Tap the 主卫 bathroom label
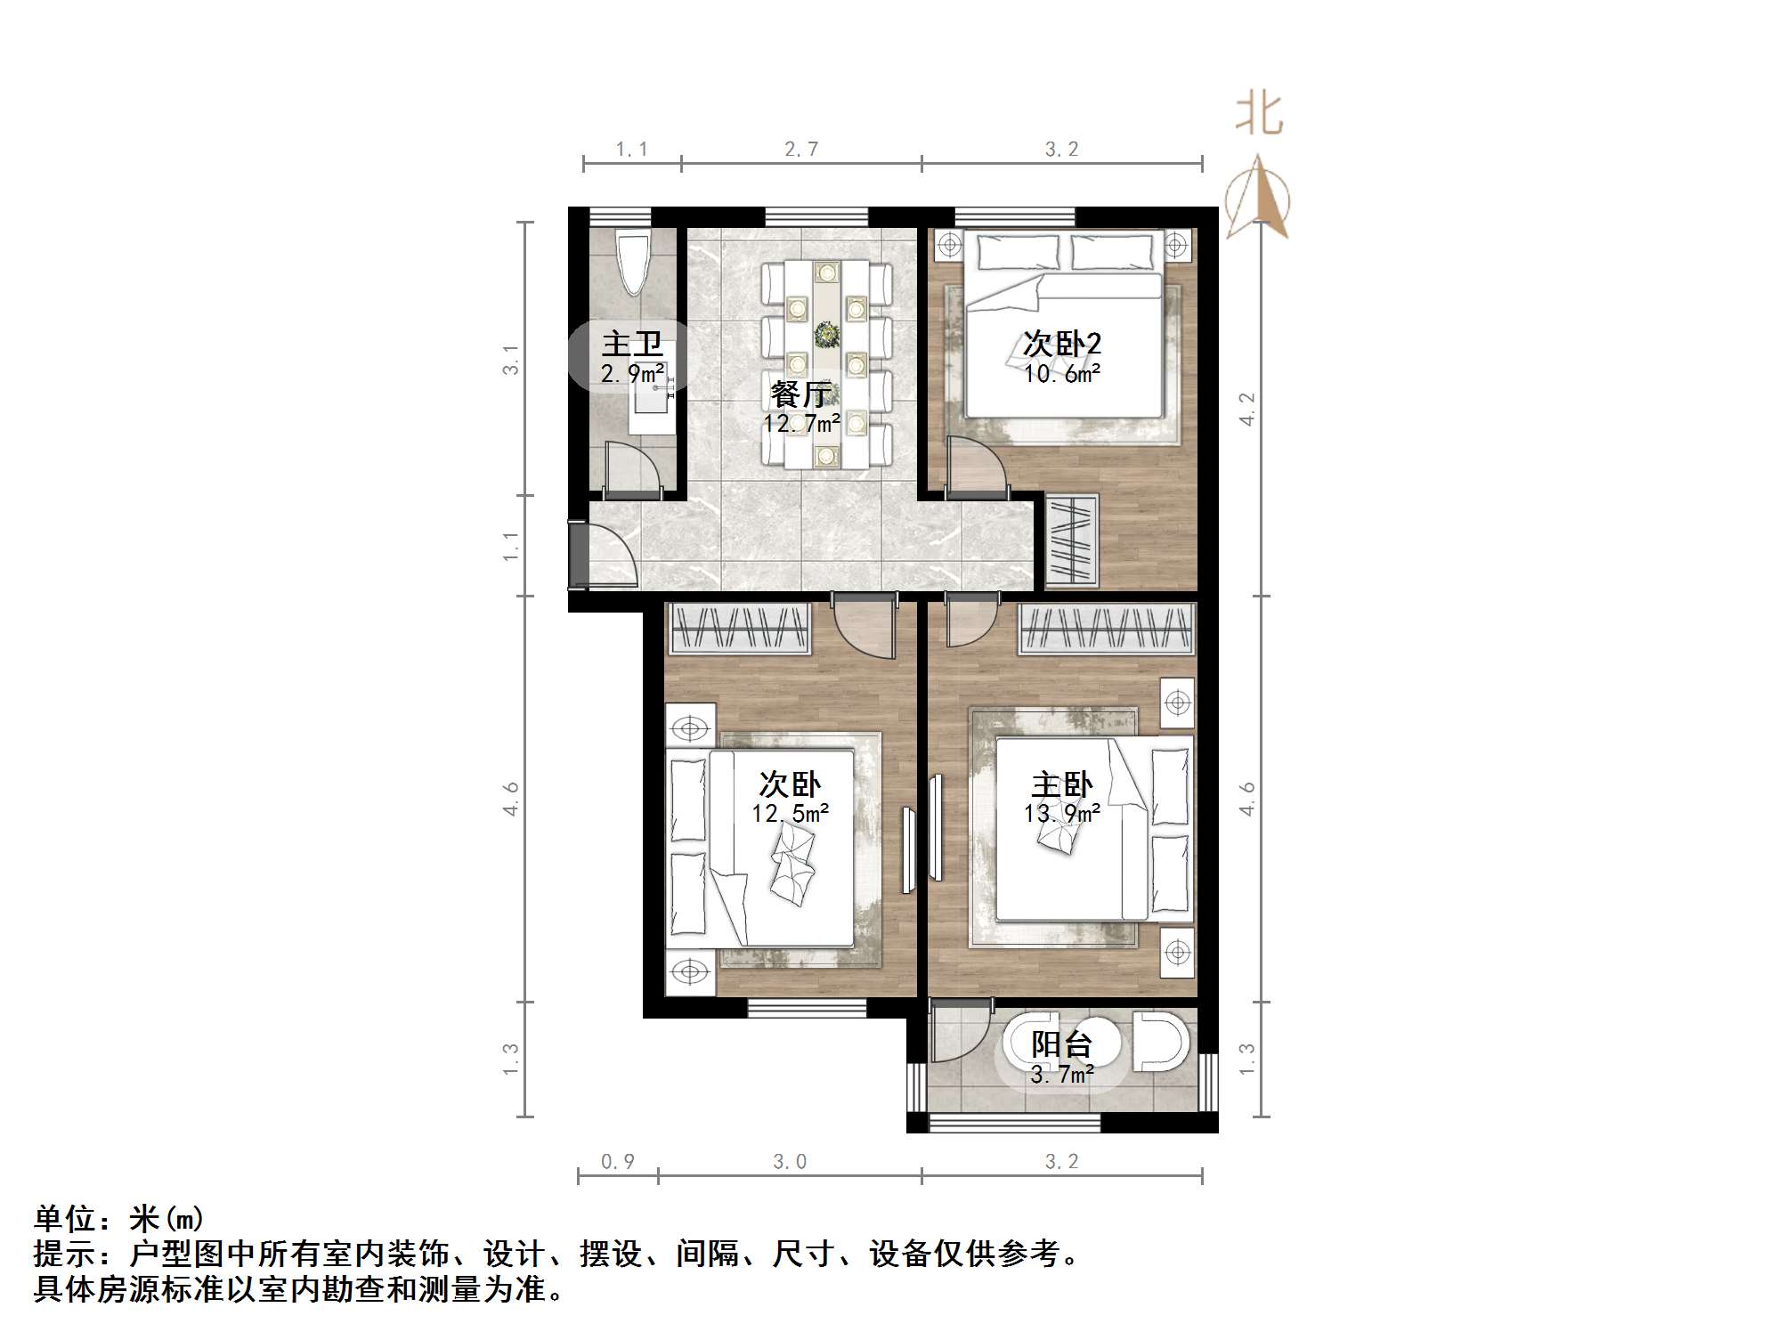click(x=632, y=345)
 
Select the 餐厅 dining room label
click(x=801, y=394)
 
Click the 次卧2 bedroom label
click(x=1062, y=344)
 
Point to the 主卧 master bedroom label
click(x=1062, y=785)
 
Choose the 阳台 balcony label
click(x=1062, y=1044)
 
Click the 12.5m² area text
click(x=791, y=814)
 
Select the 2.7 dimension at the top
click(x=801, y=150)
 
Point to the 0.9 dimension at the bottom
click(x=618, y=1162)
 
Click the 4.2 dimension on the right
click(x=1247, y=409)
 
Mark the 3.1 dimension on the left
click(x=510, y=360)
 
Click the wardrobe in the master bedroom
click(x=1106, y=629)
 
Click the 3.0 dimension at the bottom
click(x=790, y=1162)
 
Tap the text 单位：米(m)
click(x=119, y=1218)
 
